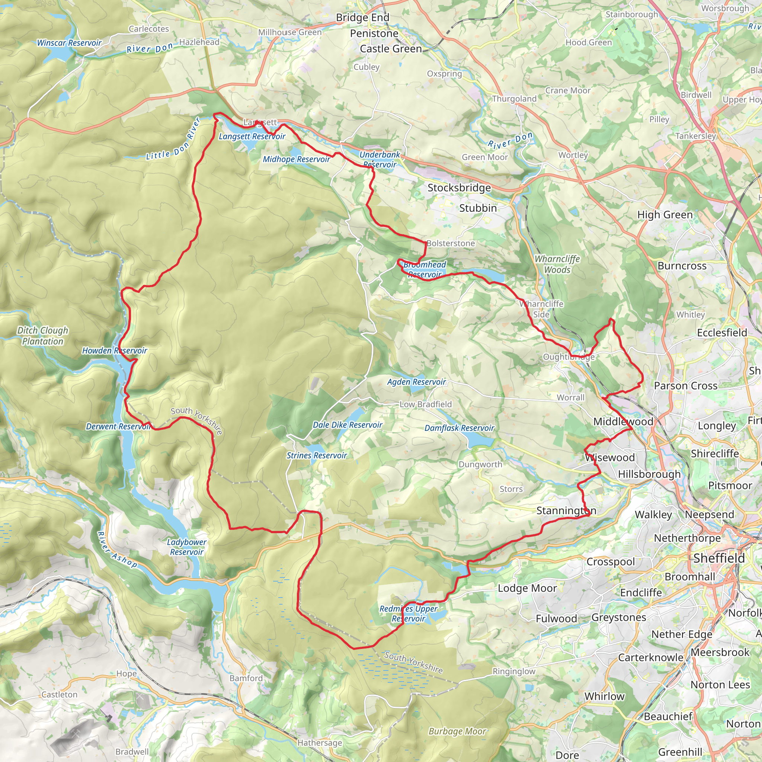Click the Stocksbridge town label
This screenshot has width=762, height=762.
click(459, 188)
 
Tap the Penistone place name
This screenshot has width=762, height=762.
click(374, 33)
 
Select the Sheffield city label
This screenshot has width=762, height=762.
click(718, 558)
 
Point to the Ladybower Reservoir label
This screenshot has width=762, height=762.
click(186, 547)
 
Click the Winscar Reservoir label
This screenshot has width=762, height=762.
click(69, 43)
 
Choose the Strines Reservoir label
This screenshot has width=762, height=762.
click(316, 455)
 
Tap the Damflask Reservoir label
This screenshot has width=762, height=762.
click(459, 428)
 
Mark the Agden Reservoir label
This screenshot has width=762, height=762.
click(416, 382)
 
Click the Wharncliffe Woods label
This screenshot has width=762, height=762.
click(557, 264)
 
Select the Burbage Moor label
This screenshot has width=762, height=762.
click(457, 731)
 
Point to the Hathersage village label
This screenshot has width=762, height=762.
click(320, 743)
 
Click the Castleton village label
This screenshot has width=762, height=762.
click(59, 695)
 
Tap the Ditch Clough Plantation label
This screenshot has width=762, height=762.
click(42, 336)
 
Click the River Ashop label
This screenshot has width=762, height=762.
click(117, 550)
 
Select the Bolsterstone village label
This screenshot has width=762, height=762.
click(451, 243)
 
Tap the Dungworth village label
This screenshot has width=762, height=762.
click(480, 465)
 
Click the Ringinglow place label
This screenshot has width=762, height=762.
click(513, 671)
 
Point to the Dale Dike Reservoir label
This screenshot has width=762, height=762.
click(347, 425)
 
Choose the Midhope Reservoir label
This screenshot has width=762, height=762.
click(296, 159)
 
